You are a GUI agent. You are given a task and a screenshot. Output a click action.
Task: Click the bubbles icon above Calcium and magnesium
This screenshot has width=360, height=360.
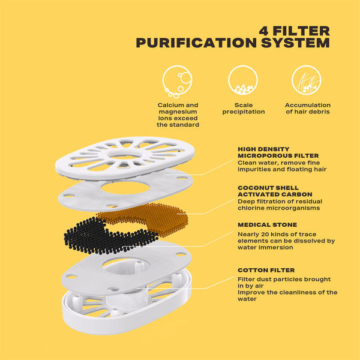click(177, 81)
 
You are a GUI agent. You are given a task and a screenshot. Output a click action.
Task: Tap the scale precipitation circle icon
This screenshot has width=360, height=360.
click(243, 80)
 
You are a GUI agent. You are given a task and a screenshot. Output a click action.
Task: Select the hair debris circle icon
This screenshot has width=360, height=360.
click(306, 80)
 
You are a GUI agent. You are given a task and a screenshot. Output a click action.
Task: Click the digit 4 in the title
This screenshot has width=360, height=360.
click(264, 31)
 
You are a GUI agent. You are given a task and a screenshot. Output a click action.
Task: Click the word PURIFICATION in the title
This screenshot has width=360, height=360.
click(196, 43)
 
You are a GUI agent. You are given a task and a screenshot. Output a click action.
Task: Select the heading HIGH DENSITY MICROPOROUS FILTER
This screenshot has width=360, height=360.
click(278, 152)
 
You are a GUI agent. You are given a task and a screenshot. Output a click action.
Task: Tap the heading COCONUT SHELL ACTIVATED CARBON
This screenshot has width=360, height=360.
click(275, 191)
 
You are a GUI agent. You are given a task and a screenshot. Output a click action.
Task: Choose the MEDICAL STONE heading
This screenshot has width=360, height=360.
click(267, 225)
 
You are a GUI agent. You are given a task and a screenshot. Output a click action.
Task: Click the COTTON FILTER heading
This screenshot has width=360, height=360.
click(266, 270)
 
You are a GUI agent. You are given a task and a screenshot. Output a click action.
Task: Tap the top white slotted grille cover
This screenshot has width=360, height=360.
click(125, 158)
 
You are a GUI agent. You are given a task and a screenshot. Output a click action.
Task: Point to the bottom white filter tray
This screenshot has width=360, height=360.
click(127, 305)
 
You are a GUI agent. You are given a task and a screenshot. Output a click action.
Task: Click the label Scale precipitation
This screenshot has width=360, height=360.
click(244, 109)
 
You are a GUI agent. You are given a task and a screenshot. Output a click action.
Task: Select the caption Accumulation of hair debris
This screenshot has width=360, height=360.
click(308, 109)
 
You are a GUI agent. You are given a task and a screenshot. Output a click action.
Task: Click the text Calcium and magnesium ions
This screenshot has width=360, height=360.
click(178, 112)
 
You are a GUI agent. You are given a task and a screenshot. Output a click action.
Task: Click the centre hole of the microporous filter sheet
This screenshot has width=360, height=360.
click(125, 188)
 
